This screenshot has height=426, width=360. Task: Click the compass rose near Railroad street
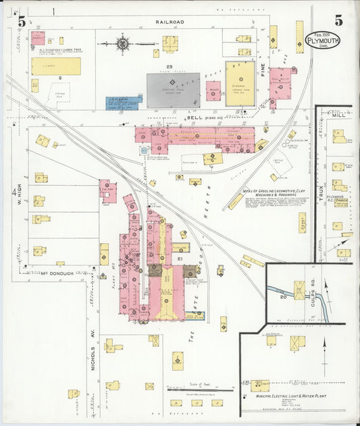(x=122, y=44)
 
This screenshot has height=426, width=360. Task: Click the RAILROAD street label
(x=170, y=22)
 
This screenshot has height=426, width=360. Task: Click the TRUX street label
(x=321, y=186)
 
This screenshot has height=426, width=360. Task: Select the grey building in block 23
(x=173, y=90)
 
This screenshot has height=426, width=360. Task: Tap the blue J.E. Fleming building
(x=122, y=103)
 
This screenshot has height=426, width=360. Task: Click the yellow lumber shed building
(x=55, y=66)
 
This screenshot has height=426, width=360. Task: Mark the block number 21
(x=180, y=259)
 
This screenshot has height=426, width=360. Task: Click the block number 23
(x=170, y=67)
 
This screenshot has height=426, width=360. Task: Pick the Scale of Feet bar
(x=190, y=390)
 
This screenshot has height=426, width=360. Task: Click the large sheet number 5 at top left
(x=22, y=22)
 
